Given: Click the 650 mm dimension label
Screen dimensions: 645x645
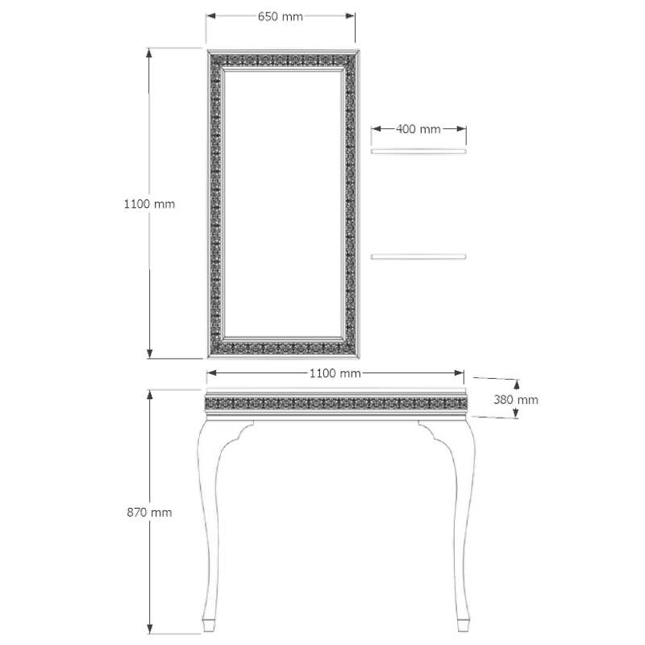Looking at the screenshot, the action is pos(280,16).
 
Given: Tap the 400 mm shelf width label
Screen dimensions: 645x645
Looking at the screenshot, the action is pos(418,129).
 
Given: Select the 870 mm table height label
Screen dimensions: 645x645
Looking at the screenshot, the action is pos(149,513).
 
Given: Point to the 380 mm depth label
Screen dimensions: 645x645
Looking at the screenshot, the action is pos(516,400).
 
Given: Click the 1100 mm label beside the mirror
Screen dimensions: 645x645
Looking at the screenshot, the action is pos(149,204).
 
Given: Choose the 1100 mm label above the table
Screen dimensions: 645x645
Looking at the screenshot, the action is pos(335,373).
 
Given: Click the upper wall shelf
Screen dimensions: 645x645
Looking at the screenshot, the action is pos(418,152).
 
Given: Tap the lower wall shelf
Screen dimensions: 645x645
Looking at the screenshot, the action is pos(418,256).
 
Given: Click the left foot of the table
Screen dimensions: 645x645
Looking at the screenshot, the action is pos(209,624).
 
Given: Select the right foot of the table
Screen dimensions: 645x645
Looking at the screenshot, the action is pos(463,624).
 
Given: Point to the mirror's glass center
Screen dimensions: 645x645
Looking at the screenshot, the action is pos(283,204).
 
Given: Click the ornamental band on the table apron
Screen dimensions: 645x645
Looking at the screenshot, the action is pos(335,403).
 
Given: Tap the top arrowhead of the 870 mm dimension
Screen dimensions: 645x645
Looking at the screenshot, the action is pos(150,395).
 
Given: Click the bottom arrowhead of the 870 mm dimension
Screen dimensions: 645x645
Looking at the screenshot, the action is pos(150,629).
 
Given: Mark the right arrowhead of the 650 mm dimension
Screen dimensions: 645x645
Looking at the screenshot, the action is pos(350,16).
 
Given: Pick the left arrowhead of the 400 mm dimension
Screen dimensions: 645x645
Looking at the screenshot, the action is pos(377,129).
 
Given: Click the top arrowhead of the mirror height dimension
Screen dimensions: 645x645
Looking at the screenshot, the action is pos(150,54).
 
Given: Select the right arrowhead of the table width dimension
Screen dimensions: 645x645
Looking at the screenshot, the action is pos(459,373).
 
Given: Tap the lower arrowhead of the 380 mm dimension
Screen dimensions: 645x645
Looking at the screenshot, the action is pos(516,413).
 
